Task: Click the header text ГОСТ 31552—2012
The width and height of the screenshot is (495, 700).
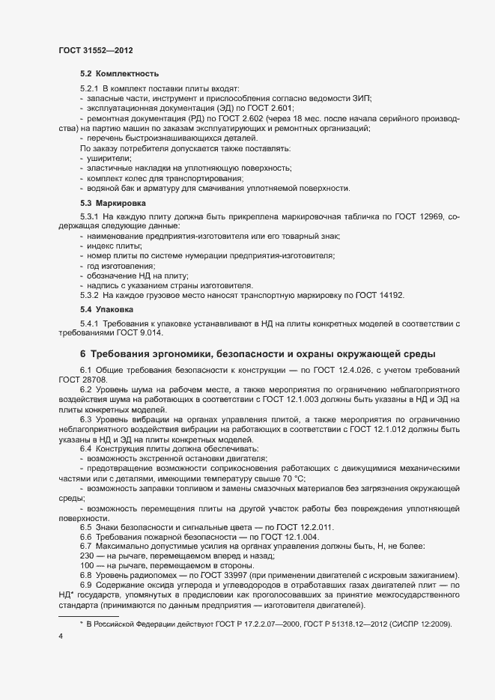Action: [91, 50]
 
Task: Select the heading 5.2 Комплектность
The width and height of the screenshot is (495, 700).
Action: [119, 75]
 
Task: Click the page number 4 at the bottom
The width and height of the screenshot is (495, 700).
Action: [61, 636]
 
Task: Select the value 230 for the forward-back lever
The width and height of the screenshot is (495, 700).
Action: [85, 556]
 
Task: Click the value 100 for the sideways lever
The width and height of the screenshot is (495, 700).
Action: [85, 566]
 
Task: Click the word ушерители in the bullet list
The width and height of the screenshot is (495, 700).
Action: [109, 158]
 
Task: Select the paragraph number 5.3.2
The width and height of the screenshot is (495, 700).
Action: [92, 295]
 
